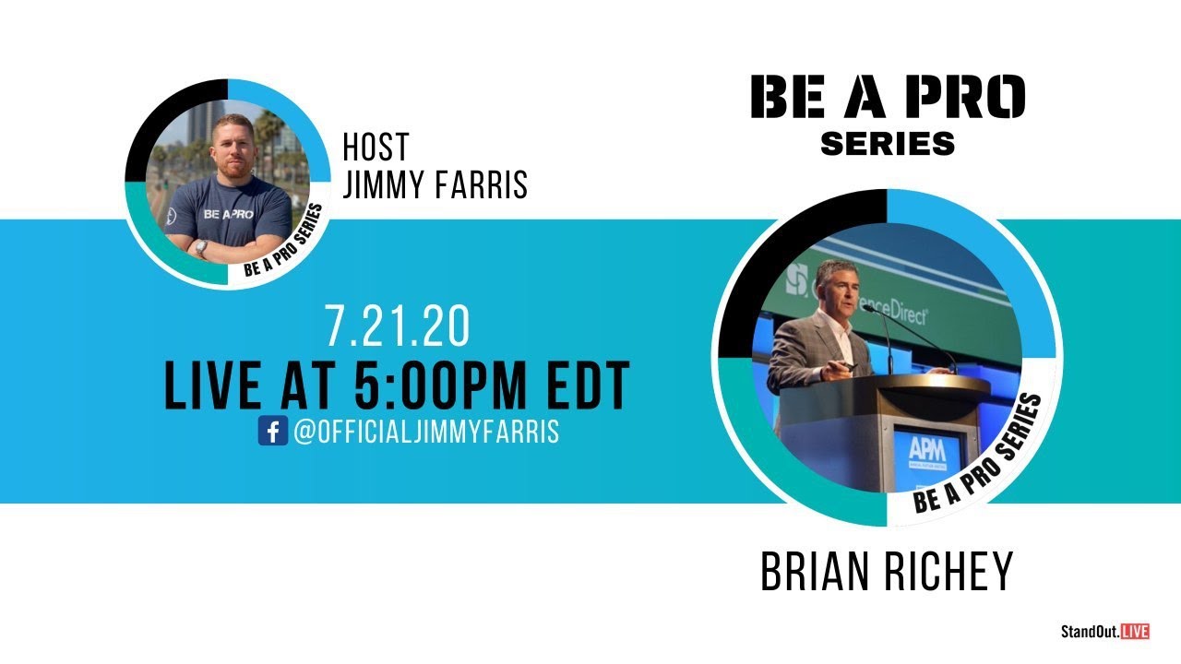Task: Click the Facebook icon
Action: (273, 432)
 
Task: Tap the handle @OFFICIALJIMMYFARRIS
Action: (426, 432)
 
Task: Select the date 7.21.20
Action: (397, 327)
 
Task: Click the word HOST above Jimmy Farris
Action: (375, 148)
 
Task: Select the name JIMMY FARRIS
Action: (435, 184)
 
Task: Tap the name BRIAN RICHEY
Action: (886, 571)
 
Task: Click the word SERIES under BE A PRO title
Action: (887, 144)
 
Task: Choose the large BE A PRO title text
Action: (887, 97)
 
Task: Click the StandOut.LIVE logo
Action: (1104, 632)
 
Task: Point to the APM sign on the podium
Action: (925, 449)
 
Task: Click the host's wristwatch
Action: (201, 248)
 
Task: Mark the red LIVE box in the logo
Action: (1136, 632)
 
